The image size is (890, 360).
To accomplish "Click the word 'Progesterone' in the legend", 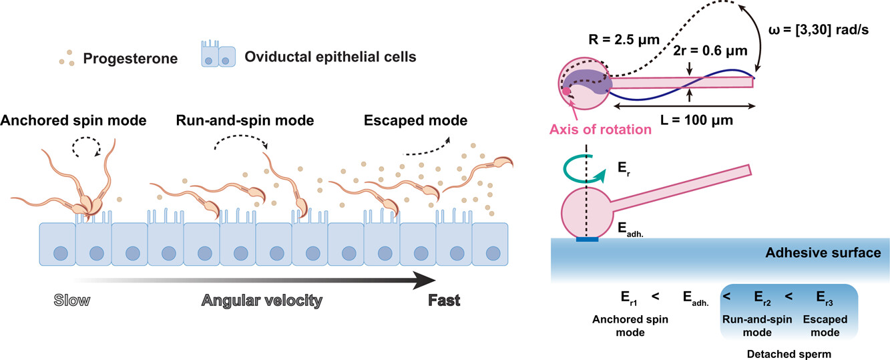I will coord(130,58).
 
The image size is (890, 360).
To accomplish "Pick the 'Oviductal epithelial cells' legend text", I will coord(330,57).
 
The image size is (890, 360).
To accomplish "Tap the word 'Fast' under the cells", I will coord(444,301).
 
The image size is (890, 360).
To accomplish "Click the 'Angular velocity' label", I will coord(262,301).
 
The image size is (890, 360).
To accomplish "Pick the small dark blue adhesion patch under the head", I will coord(586,238).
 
